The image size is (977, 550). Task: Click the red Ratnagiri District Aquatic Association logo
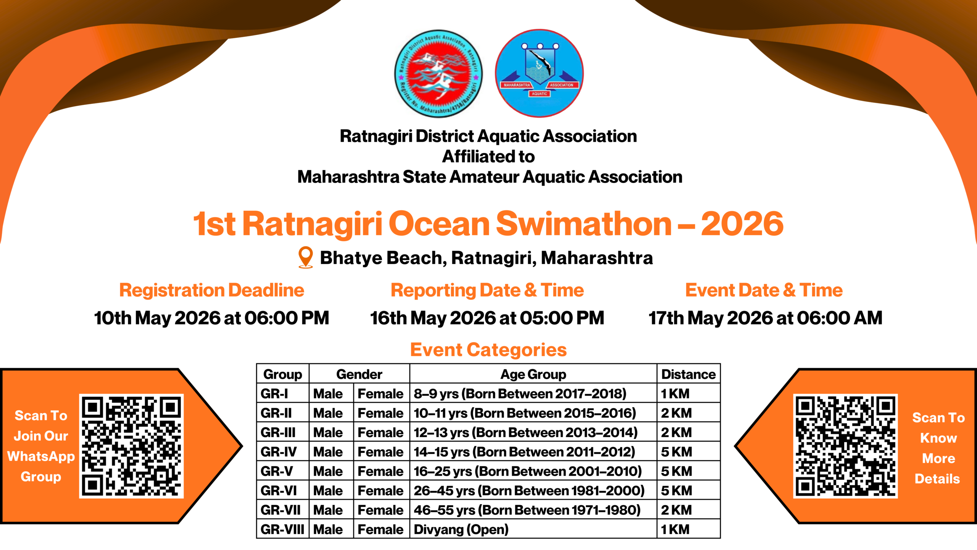coord(438,73)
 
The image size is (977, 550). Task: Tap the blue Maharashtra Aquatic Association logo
coord(539,73)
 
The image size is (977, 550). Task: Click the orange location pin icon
coord(305,257)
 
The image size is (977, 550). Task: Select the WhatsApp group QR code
coord(131,446)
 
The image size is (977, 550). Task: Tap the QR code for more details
coord(845,446)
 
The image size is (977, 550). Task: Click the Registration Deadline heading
coord(211,290)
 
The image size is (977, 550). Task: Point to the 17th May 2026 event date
coord(765,318)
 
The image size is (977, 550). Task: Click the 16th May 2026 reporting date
coord(487,318)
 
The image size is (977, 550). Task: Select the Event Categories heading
coord(488,350)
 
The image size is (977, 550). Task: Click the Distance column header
coord(688,374)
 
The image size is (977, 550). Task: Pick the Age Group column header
coord(533,374)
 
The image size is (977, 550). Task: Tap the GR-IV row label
coord(279,452)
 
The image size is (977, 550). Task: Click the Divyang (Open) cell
coord(461,529)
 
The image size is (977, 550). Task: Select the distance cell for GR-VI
coord(676,491)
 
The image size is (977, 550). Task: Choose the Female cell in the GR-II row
coord(380,413)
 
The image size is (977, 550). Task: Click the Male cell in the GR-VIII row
coord(328,529)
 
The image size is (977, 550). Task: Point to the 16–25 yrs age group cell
coord(527,471)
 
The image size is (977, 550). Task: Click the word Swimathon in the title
coord(584,224)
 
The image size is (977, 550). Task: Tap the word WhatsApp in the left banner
coord(41,456)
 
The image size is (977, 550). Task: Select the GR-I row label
coord(274,394)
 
